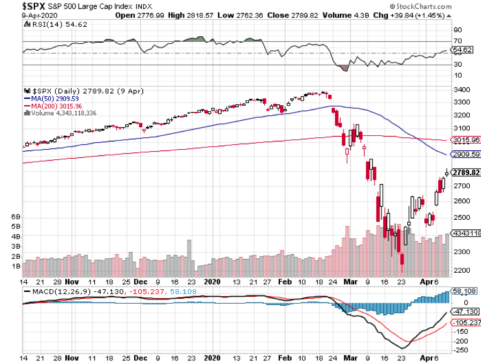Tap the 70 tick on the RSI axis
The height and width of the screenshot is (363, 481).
(x=457, y=41)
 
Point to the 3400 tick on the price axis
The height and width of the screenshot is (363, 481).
(x=461, y=89)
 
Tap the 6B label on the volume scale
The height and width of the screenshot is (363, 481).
(x=16, y=217)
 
